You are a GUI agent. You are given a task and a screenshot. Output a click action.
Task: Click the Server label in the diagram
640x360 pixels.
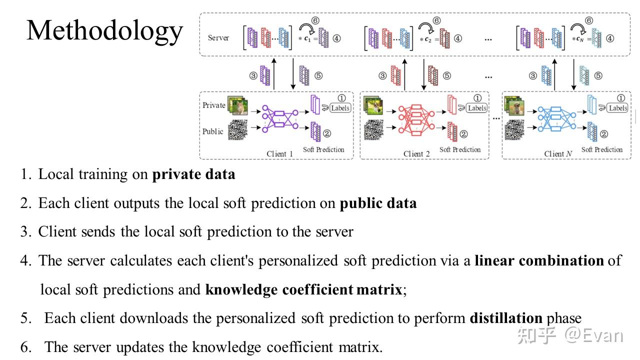click(x=218, y=38)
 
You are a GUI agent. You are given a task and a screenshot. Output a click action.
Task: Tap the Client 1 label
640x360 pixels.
click(x=280, y=153)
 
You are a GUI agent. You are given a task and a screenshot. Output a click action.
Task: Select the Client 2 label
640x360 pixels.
click(x=416, y=153)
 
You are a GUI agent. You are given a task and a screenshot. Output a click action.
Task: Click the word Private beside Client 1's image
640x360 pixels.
click(x=213, y=105)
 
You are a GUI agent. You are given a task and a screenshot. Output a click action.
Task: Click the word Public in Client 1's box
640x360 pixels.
click(x=212, y=131)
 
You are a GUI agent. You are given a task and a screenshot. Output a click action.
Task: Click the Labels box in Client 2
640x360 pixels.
click(x=477, y=108)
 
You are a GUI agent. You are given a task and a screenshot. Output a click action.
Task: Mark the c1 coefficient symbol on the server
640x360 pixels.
click(x=308, y=38)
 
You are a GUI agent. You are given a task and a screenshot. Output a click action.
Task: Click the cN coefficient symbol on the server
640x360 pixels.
click(x=579, y=38)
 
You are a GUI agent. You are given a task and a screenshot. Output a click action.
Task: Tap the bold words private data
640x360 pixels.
click(x=193, y=174)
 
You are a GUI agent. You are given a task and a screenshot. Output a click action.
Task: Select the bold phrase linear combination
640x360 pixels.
click(x=539, y=260)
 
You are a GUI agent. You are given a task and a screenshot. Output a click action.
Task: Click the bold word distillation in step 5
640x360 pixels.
click(x=506, y=318)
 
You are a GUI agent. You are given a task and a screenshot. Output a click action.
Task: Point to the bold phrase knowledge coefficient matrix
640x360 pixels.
click(x=303, y=289)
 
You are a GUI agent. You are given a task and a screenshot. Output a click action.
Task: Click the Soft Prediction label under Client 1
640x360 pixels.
click(x=323, y=149)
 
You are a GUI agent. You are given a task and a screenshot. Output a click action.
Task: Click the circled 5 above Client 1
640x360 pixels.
click(x=318, y=76)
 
